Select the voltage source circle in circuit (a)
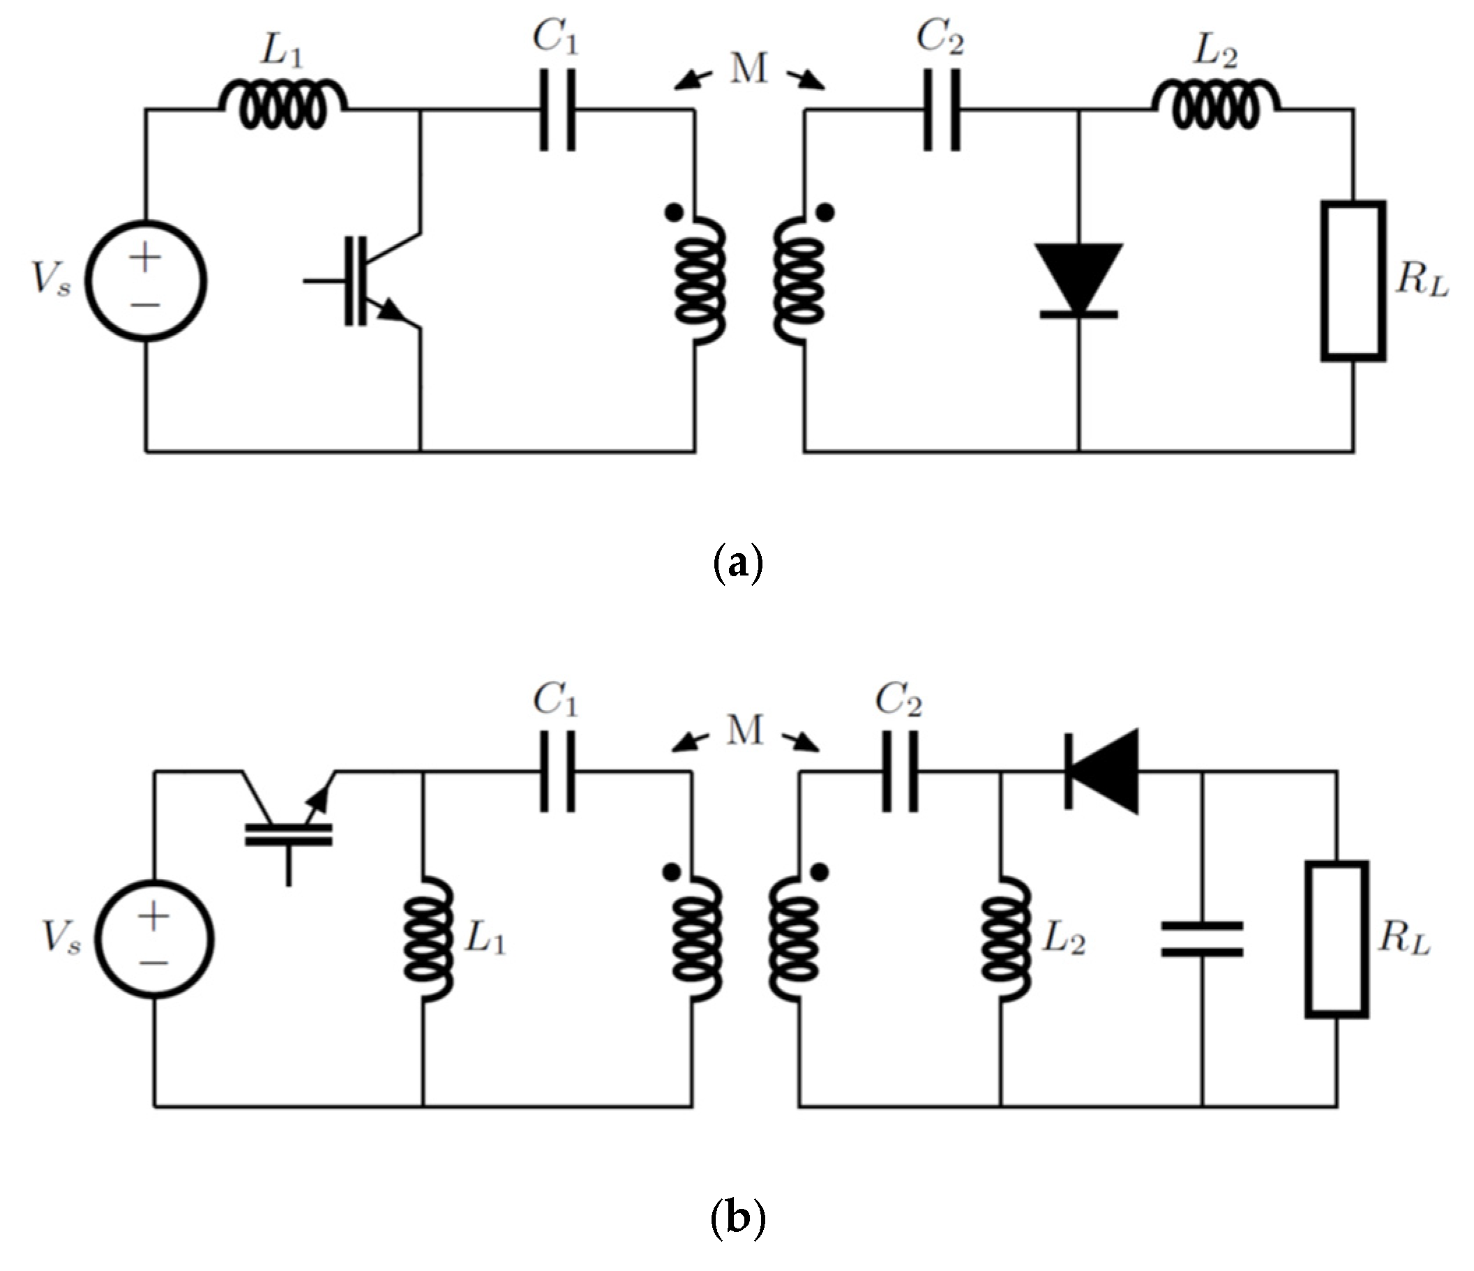[x=146, y=281]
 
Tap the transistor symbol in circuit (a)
[x=377, y=281]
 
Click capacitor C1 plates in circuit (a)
[x=557, y=110]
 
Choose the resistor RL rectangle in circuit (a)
[x=1353, y=281]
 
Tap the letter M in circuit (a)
[x=749, y=69]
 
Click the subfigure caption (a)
[x=737, y=564]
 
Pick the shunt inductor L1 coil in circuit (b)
[x=427, y=939]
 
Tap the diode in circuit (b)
[x=1103, y=771]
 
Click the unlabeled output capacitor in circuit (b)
[x=1202, y=939]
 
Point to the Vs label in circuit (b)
[x=61, y=938]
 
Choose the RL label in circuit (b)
[x=1404, y=939]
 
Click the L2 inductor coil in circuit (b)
[x=1005, y=939]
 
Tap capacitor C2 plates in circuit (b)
[x=900, y=771]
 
